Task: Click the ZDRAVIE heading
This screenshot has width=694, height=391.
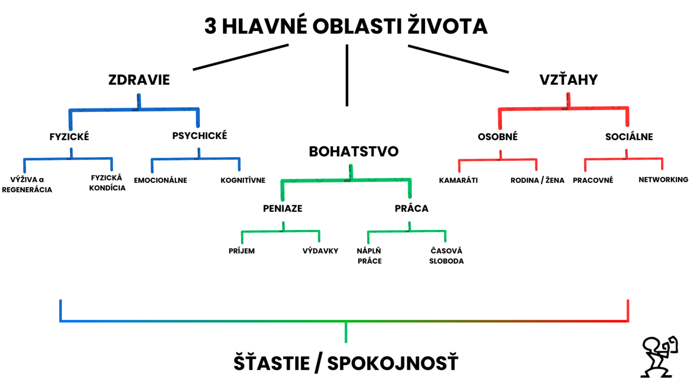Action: [139, 80]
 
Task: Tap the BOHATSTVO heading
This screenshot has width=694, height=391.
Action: [354, 152]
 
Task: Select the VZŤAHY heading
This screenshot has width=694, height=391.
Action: [569, 80]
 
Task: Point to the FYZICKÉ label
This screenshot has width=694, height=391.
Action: [69, 137]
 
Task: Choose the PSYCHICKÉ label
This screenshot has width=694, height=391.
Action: [200, 136]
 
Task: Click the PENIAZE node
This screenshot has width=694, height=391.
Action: [282, 208]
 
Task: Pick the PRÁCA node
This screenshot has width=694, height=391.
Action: [412, 208]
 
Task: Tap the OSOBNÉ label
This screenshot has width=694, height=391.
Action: [497, 137]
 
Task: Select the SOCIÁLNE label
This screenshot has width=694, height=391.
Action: [629, 137]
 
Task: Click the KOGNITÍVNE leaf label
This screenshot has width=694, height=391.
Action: [243, 180]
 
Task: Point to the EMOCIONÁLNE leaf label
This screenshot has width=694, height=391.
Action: [160, 181]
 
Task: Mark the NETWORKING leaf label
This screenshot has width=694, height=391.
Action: [663, 180]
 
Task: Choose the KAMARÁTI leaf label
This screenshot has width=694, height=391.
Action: [458, 180]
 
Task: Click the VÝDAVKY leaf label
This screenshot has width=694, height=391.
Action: [320, 251]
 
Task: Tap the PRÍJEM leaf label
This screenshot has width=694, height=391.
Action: [241, 251]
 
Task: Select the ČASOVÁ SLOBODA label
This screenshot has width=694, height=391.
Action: [446, 256]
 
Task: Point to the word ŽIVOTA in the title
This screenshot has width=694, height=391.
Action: [447, 26]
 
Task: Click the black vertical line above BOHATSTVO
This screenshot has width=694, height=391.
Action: [347, 75]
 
